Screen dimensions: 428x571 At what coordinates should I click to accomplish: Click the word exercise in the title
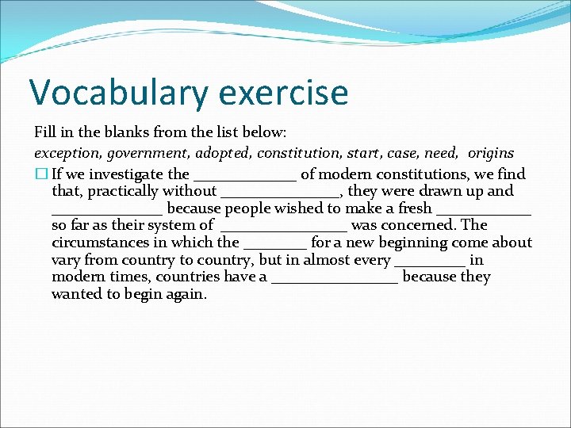[283, 93]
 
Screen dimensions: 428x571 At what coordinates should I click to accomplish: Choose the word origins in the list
[491, 153]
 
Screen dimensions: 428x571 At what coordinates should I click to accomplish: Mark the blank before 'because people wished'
[107, 212]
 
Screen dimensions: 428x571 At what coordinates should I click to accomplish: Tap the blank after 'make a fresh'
[483, 212]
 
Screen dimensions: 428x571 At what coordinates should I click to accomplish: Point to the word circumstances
[99, 243]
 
